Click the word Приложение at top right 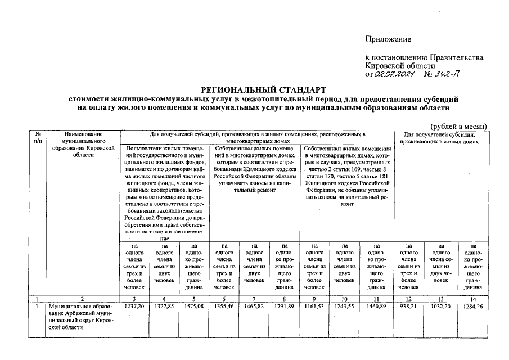(388, 39)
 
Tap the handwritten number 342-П (447, 74)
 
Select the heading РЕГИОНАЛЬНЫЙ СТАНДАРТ (264, 90)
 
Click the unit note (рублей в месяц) (458, 127)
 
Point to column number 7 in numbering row (254, 299)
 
